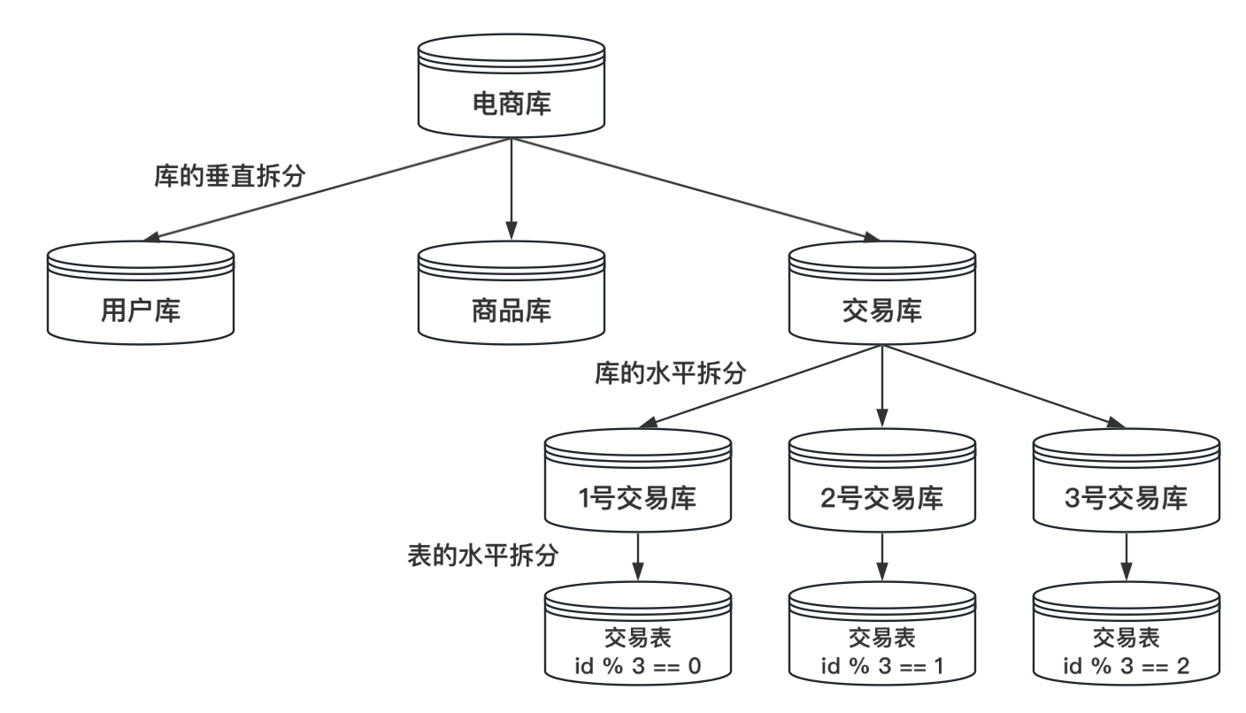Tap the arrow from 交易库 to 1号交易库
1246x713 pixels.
761,382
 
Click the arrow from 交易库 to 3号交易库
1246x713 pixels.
1000,382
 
